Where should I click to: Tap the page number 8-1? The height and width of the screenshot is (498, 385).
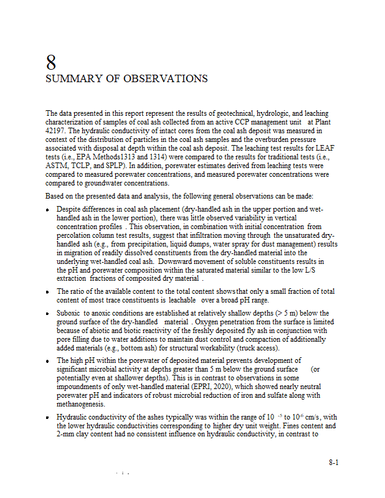333,463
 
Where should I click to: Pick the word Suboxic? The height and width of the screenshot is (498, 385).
70,313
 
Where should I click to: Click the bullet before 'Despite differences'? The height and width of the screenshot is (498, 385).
48,210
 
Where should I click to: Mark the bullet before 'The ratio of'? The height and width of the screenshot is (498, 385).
48,292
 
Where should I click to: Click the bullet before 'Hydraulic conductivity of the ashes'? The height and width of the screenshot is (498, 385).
48,418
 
